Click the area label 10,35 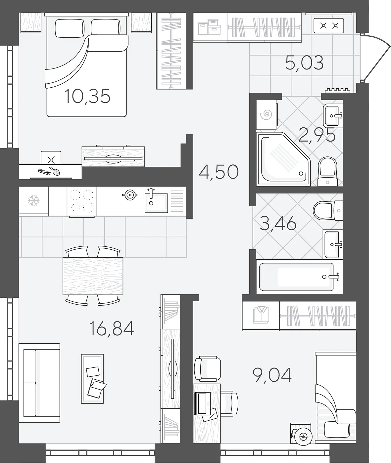87,96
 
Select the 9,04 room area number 272,374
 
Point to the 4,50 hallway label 219,172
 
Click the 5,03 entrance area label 304,63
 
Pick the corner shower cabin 283,159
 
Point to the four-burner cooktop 82,201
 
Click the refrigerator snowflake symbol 34,200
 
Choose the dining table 93,276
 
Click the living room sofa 39,383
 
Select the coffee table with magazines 92,379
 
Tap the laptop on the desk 203,403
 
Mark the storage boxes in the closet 209,27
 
